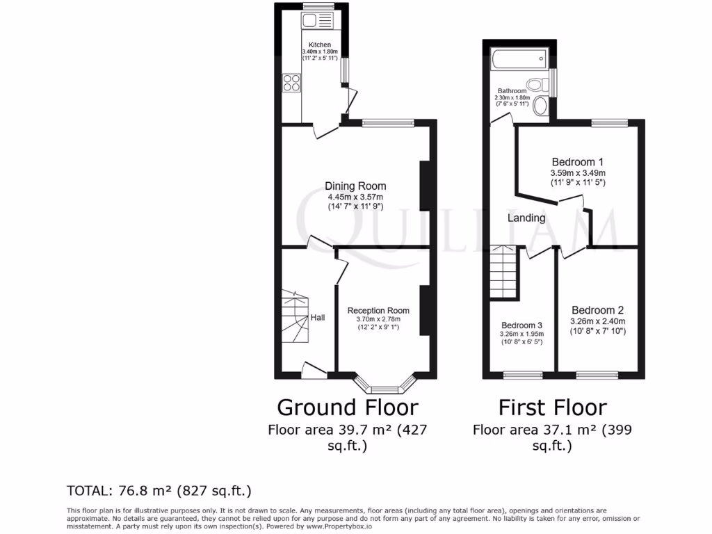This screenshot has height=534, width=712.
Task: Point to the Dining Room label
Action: pos(355,186)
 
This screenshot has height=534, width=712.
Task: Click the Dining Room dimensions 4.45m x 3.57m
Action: pos(355,197)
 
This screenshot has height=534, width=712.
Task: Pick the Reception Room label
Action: pos(378,311)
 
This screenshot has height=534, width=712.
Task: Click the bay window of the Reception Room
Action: pos(385,385)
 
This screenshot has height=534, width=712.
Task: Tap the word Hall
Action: pos(318,318)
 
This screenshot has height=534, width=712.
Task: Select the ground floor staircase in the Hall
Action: pos(295,318)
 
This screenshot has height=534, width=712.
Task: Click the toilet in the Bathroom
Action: pos(536,86)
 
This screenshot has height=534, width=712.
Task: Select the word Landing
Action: pos(526,218)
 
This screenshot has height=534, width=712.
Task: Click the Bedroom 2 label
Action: pos(597,310)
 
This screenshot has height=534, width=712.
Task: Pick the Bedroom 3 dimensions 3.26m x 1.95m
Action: pos(521,334)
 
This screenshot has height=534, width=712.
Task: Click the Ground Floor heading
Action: pos(348,407)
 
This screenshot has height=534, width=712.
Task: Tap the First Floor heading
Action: pos(553,407)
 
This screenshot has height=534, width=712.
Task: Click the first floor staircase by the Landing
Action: pos(505,273)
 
